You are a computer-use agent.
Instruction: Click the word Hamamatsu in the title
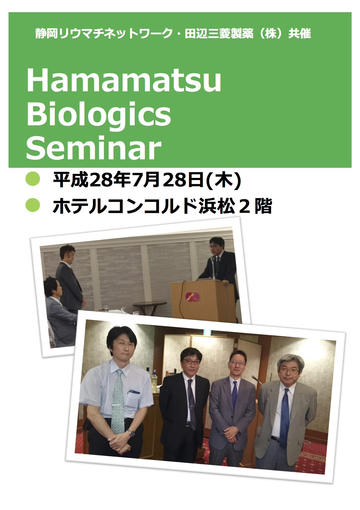point(124,80)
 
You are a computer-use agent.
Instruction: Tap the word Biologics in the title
point(99,115)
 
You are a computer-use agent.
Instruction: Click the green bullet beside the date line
point(33,179)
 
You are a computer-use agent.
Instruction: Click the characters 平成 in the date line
point(71,180)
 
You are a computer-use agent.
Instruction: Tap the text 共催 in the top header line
point(300,34)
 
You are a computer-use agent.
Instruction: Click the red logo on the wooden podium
point(193,297)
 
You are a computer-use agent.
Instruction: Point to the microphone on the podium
point(214,266)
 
